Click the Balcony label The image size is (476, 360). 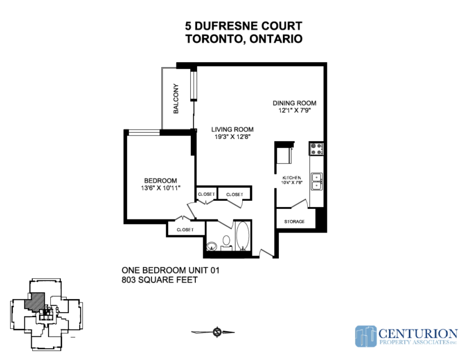pos(176,99)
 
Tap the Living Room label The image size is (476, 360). pos(233,130)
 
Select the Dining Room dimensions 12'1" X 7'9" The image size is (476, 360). pos(294,111)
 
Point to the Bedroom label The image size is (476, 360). pos(160,181)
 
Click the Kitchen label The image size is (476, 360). pos(292,178)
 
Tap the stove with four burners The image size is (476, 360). pos(316,148)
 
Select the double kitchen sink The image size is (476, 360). pos(317,181)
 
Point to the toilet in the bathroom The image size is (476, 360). pos(226,243)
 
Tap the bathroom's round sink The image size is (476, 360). pos(212,246)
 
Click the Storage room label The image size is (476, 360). pos(294,222)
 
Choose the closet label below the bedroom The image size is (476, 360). pos(185,230)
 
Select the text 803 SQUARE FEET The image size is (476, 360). pos(160,280)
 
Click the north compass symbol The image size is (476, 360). pos(217,332)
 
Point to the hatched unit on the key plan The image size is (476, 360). pos(34,301)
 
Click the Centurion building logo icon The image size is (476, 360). pos(366,336)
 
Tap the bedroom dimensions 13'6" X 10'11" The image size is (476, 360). pos(160,188)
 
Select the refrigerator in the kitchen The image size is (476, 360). pos(285,155)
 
